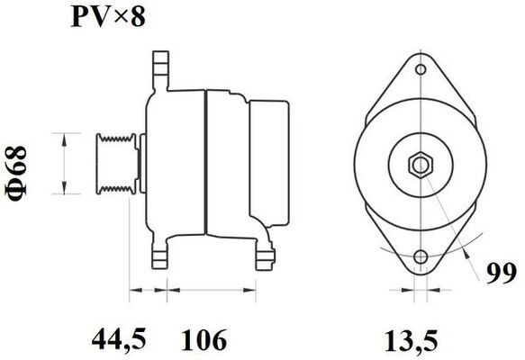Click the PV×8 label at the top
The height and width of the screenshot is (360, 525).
pos(108,17)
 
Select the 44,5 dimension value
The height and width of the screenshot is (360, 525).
pos(119,339)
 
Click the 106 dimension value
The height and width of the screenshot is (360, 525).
pos(204,339)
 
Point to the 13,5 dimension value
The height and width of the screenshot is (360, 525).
pos(412,341)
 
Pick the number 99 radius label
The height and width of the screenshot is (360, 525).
pos(502,274)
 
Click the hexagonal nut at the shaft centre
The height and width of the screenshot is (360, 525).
pos(421,165)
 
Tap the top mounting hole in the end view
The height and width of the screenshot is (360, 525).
pos(421,69)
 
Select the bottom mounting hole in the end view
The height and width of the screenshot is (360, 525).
pos(421,257)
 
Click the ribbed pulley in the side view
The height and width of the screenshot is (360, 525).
pos(116,163)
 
